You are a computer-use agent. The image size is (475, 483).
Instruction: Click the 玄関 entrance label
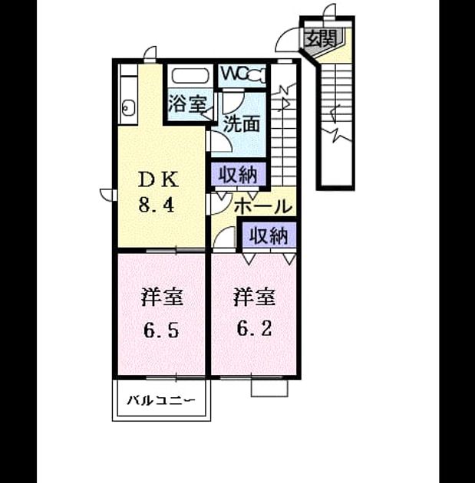pos(321,39)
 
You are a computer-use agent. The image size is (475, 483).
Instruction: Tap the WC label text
pos(234,74)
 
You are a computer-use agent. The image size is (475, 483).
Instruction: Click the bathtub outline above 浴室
pos(190,76)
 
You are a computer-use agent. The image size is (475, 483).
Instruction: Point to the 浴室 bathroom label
pos(187,103)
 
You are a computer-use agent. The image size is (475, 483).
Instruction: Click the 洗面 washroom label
pos(242,124)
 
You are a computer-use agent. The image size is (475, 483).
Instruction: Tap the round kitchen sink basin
pos(128,107)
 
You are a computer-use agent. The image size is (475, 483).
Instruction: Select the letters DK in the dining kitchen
pos(158,179)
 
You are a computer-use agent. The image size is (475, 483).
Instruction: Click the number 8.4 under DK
pos(157,205)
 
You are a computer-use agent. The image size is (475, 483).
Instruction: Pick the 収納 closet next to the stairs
pos(238,175)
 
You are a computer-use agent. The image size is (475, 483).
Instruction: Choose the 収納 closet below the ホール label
pos(269,236)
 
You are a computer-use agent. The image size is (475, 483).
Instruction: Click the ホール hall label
pos(263,205)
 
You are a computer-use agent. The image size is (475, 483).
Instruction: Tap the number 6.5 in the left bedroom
pos(161,330)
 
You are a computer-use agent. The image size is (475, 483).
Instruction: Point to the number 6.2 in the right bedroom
pos(254,329)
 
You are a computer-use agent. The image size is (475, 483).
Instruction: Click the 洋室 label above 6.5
pos(162,297)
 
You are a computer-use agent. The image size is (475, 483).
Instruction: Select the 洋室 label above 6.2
pos(254,297)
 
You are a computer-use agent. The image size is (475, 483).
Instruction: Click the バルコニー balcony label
pos(161,400)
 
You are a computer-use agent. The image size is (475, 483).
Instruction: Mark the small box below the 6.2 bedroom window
pos(269,388)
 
